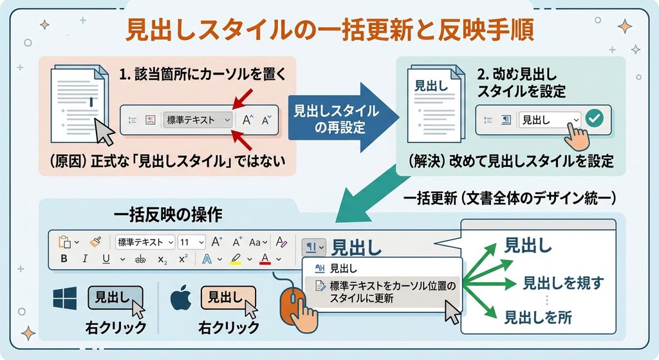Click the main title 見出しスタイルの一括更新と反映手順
tap(330, 30)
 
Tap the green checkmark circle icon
tap(594, 118)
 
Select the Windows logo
tap(65, 298)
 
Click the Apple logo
tap(181, 298)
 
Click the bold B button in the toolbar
tap(64, 258)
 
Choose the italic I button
tap(85, 258)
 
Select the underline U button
tap(106, 259)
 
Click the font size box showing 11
tap(192, 242)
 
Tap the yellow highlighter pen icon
tap(236, 259)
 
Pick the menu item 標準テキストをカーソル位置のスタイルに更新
tap(386, 292)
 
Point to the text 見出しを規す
tap(563, 283)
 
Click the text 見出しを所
tap(538, 317)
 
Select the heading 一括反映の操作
tap(168, 214)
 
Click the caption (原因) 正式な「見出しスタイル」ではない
tap(167, 160)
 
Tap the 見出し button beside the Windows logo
tap(115, 298)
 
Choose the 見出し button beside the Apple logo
tap(228, 298)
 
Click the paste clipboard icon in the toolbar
tap(64, 242)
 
